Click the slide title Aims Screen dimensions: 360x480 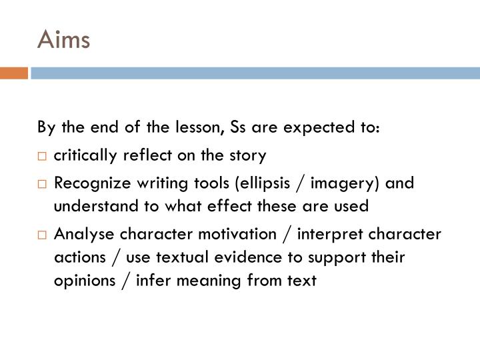(x=63, y=41)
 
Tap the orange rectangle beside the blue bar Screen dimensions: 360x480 (x=13, y=73)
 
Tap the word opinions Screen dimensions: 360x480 (x=81, y=281)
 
